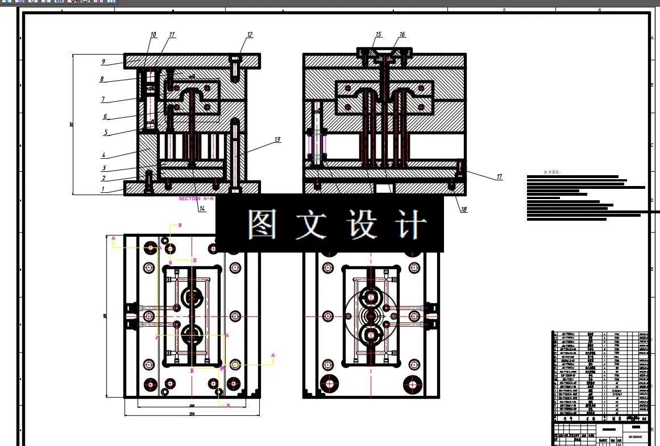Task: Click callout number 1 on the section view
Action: pos(103,189)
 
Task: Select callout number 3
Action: pos(103,168)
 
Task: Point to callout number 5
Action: pos(106,133)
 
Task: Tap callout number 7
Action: pos(103,100)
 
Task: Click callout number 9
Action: pos(103,61)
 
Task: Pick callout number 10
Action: pos(153,35)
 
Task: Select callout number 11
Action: pos(172,35)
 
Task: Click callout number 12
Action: pos(250,35)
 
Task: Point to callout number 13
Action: pos(277,139)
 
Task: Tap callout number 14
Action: pos(202,209)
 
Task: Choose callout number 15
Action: pos(378,35)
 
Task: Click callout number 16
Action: pos(402,35)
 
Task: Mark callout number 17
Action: pos(499,177)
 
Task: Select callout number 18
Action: pos(464,209)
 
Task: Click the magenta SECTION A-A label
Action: pos(196,199)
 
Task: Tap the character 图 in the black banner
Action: pos(262,224)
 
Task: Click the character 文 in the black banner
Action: pos(310,224)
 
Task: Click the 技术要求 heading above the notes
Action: pos(551,171)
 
